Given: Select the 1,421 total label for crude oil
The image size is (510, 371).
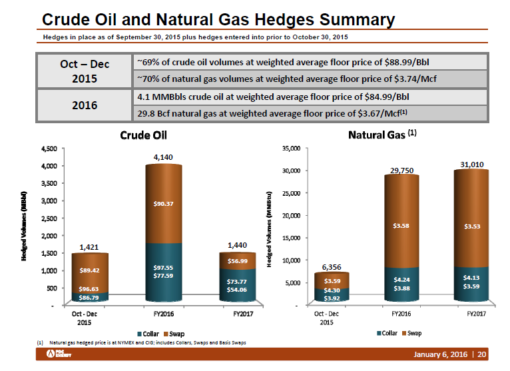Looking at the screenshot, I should tap(89, 247).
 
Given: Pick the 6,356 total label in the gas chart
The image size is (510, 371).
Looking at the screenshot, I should tap(332, 267).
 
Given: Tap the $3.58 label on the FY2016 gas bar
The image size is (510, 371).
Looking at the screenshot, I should tap(403, 225).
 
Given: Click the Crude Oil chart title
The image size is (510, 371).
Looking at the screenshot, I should tap(143, 135).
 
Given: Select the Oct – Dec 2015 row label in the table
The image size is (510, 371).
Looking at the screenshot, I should tap(84, 71).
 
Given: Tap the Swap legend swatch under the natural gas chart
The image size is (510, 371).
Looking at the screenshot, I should tap(404, 333).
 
